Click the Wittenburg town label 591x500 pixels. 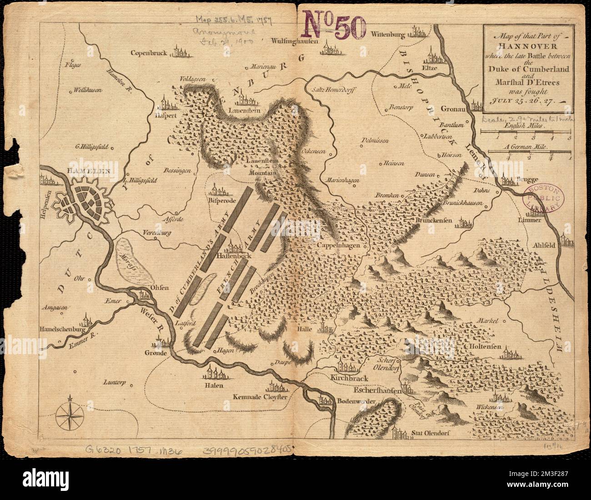(x=387, y=34)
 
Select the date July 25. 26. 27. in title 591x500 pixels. (x=526, y=101)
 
